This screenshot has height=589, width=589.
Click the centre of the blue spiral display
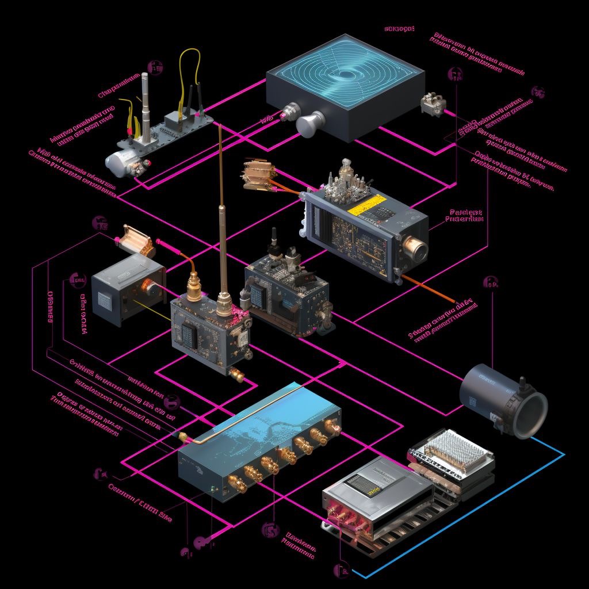(346, 75)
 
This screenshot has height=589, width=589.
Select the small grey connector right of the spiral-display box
(433, 104)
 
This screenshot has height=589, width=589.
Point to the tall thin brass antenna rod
(221, 207)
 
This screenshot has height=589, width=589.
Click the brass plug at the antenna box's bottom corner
(236, 374)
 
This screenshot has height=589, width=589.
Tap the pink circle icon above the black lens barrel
(491, 282)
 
